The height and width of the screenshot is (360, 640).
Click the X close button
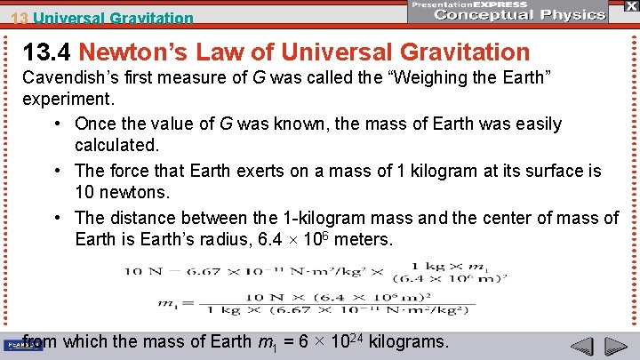click(x=630, y=6)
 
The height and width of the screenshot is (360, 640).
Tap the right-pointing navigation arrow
click(x=615, y=348)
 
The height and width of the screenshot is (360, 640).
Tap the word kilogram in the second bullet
click(x=485, y=171)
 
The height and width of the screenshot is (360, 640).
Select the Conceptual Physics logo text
click(x=508, y=15)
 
